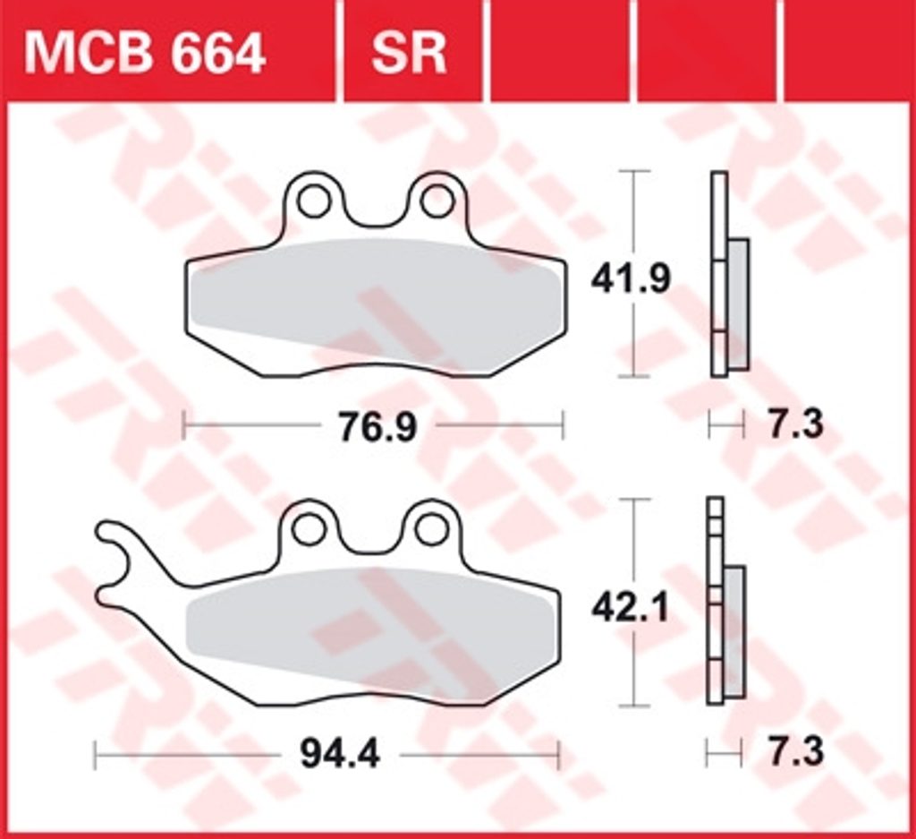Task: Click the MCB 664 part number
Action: click(144, 54)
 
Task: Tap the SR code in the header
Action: click(409, 54)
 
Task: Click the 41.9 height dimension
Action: click(631, 278)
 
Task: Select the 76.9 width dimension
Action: click(378, 426)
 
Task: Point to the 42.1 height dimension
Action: click(630, 609)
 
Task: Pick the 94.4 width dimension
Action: click(340, 754)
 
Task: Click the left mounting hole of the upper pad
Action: click(313, 201)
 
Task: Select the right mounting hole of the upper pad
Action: click(437, 201)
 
